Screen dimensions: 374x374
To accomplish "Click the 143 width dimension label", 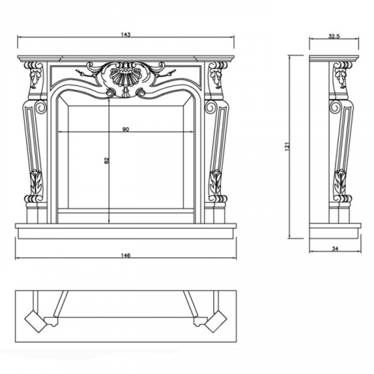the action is [x=126, y=34].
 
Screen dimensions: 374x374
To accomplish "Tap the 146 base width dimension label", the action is [x=126, y=255].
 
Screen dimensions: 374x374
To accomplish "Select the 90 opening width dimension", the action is [x=126, y=129].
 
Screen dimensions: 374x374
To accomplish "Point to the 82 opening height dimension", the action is [x=107, y=160].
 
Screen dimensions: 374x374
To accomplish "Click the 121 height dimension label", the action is [x=287, y=147].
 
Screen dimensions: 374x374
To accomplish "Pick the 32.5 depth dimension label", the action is [x=334, y=37].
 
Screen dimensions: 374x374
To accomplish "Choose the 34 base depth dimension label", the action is [x=335, y=248].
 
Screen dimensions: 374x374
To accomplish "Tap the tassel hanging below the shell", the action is [x=124, y=92].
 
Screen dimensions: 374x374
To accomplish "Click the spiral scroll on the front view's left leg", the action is [x=41, y=107].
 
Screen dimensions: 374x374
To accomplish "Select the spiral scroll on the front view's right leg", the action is [x=210, y=107].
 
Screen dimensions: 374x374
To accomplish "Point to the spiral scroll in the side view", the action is [x=334, y=107].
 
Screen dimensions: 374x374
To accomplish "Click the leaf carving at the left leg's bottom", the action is [x=35, y=182].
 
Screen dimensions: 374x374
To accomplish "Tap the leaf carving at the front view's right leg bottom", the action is [x=216, y=182].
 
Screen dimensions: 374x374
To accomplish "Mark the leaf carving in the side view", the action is [x=340, y=182].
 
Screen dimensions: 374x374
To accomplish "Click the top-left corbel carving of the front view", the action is [x=34, y=74].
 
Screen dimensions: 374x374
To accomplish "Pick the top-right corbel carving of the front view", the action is [x=218, y=74].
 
